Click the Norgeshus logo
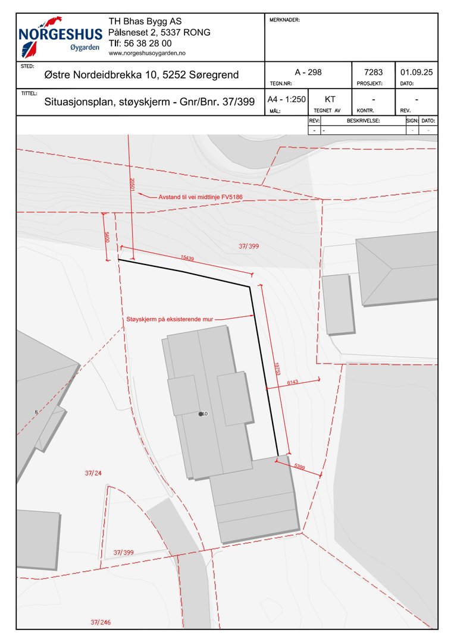pyautogui.click(x=60, y=37)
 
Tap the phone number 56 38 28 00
pyautogui.click(x=140, y=43)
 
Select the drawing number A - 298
pyautogui.click(x=308, y=72)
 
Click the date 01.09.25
pyautogui.click(x=417, y=72)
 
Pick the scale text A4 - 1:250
pyautogui.click(x=286, y=99)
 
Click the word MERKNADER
pyautogui.click(x=284, y=20)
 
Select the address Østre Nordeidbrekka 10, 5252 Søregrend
pyautogui.click(x=142, y=75)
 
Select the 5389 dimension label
pyautogui.click(x=299, y=467)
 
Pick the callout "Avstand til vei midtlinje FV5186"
pyautogui.click(x=201, y=197)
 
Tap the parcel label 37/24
pyautogui.click(x=93, y=473)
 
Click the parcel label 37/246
pyautogui.click(x=101, y=623)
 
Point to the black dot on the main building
pyautogui.click(x=201, y=414)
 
